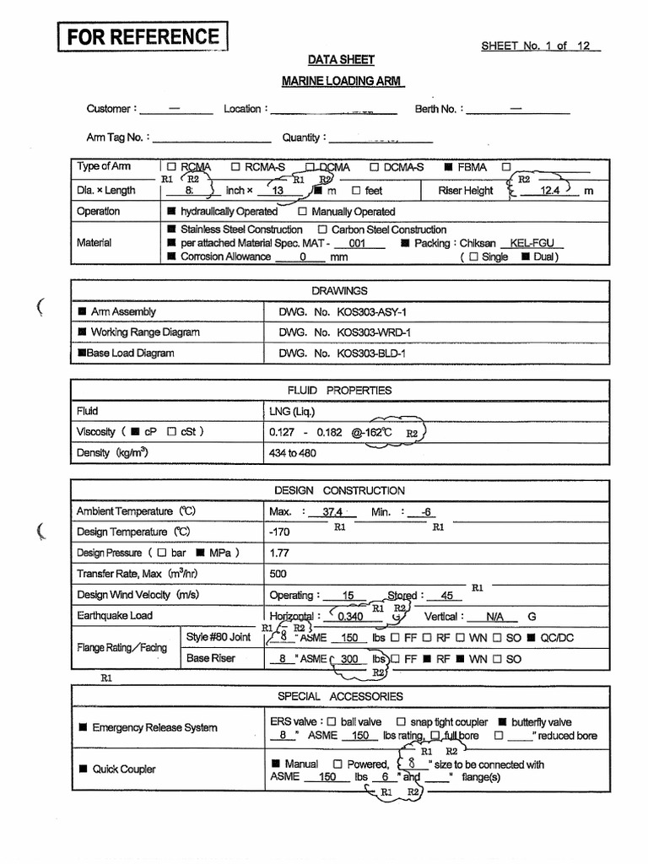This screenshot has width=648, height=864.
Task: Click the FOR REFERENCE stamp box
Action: point(143,37)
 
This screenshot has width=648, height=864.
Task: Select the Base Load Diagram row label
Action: point(127,354)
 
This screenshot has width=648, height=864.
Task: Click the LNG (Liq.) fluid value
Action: point(291,412)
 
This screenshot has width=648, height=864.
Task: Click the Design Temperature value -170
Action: point(279,532)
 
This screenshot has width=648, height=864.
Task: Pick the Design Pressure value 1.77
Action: point(278,553)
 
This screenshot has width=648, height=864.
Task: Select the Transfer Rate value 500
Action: point(278,575)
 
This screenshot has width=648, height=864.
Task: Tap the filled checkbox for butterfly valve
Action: point(503,722)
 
